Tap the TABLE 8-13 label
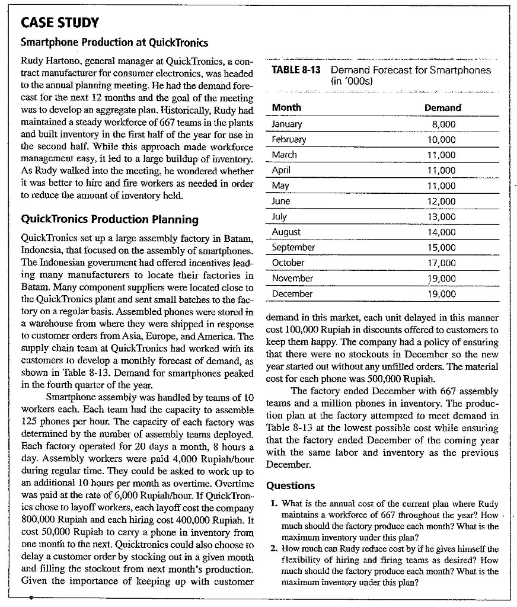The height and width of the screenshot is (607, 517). [296, 70]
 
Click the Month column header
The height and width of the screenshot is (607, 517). [286, 107]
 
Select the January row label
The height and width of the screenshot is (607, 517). [287, 124]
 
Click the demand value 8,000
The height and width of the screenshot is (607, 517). [445, 124]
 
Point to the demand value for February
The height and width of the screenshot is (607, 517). [442, 140]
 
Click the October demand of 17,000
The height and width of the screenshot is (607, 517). [442, 263]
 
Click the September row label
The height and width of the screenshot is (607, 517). [293, 247]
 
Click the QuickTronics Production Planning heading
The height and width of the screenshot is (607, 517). [110, 219]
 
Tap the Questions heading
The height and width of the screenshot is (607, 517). [291, 485]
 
